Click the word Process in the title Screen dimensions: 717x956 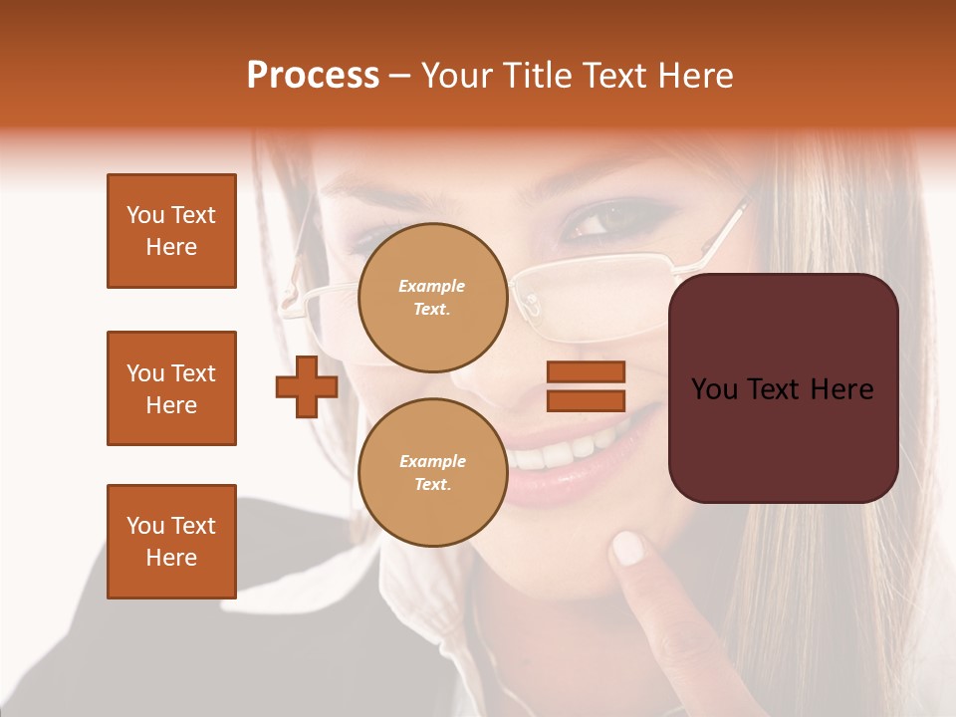(x=313, y=76)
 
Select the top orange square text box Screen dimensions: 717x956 (x=171, y=231)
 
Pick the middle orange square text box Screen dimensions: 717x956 (x=171, y=388)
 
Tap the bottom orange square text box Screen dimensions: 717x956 (x=171, y=542)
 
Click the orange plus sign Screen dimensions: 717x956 (x=307, y=386)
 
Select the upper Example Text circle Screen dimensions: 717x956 (x=433, y=298)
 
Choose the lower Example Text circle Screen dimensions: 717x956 (x=433, y=472)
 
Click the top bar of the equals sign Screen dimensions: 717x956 (x=586, y=371)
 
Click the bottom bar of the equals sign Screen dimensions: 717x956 (x=586, y=400)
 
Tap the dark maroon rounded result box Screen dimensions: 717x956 (x=783, y=388)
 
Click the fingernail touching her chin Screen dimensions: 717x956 (x=627, y=547)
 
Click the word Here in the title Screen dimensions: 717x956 (x=694, y=76)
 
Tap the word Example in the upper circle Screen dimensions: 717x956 (x=431, y=286)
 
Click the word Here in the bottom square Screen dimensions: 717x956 (x=171, y=558)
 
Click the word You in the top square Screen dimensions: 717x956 (x=146, y=215)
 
